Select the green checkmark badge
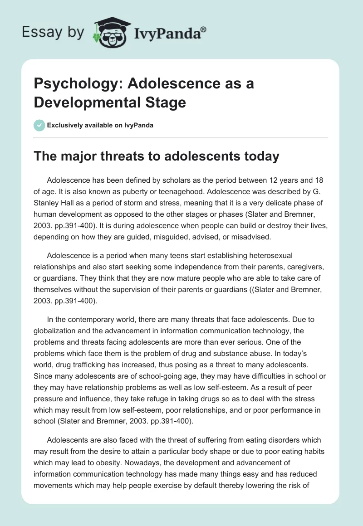[39, 125]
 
